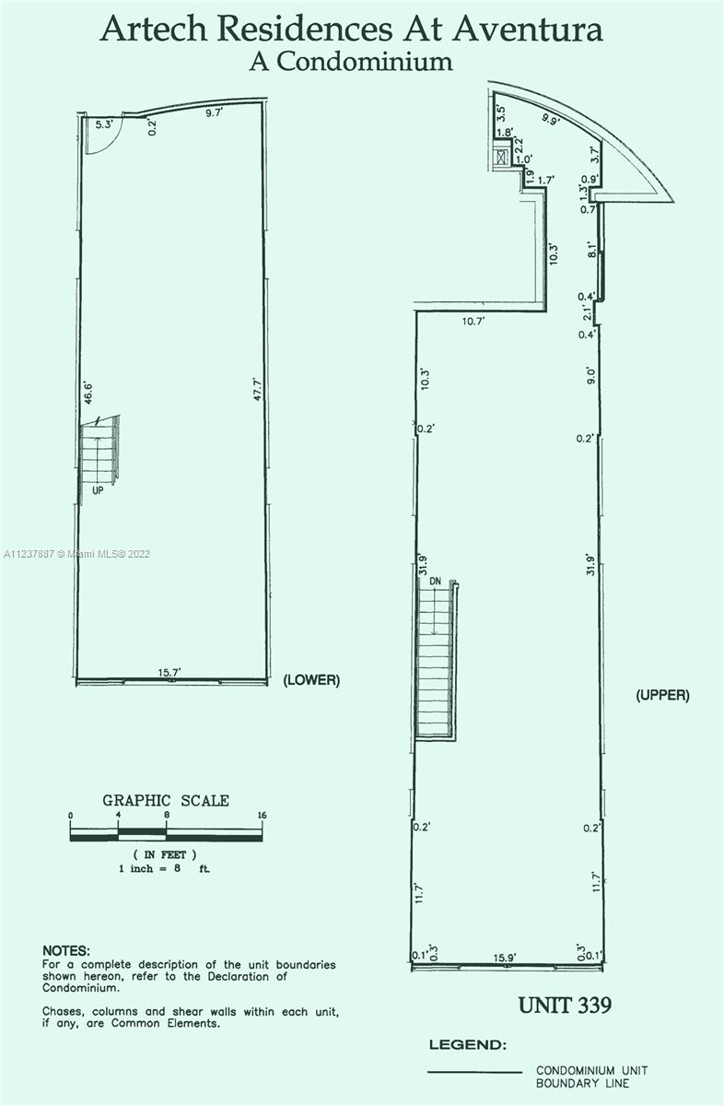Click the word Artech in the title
click(154, 29)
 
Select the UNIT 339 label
click(565, 1005)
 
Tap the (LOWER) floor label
click(311, 680)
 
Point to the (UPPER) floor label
click(662, 695)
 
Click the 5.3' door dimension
click(104, 124)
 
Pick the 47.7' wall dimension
click(258, 389)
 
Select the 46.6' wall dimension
click(88, 392)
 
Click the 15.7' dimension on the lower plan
click(169, 673)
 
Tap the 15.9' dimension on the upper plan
click(505, 958)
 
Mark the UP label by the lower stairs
click(98, 490)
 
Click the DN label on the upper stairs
click(435, 582)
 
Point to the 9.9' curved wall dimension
click(550, 119)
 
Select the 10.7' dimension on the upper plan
click(473, 322)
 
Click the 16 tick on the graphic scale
click(263, 815)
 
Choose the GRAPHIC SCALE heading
click(166, 800)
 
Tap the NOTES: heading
click(66, 950)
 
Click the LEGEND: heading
click(468, 1045)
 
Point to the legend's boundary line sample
click(474, 1072)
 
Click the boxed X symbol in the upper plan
click(501, 157)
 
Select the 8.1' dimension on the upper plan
click(592, 250)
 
